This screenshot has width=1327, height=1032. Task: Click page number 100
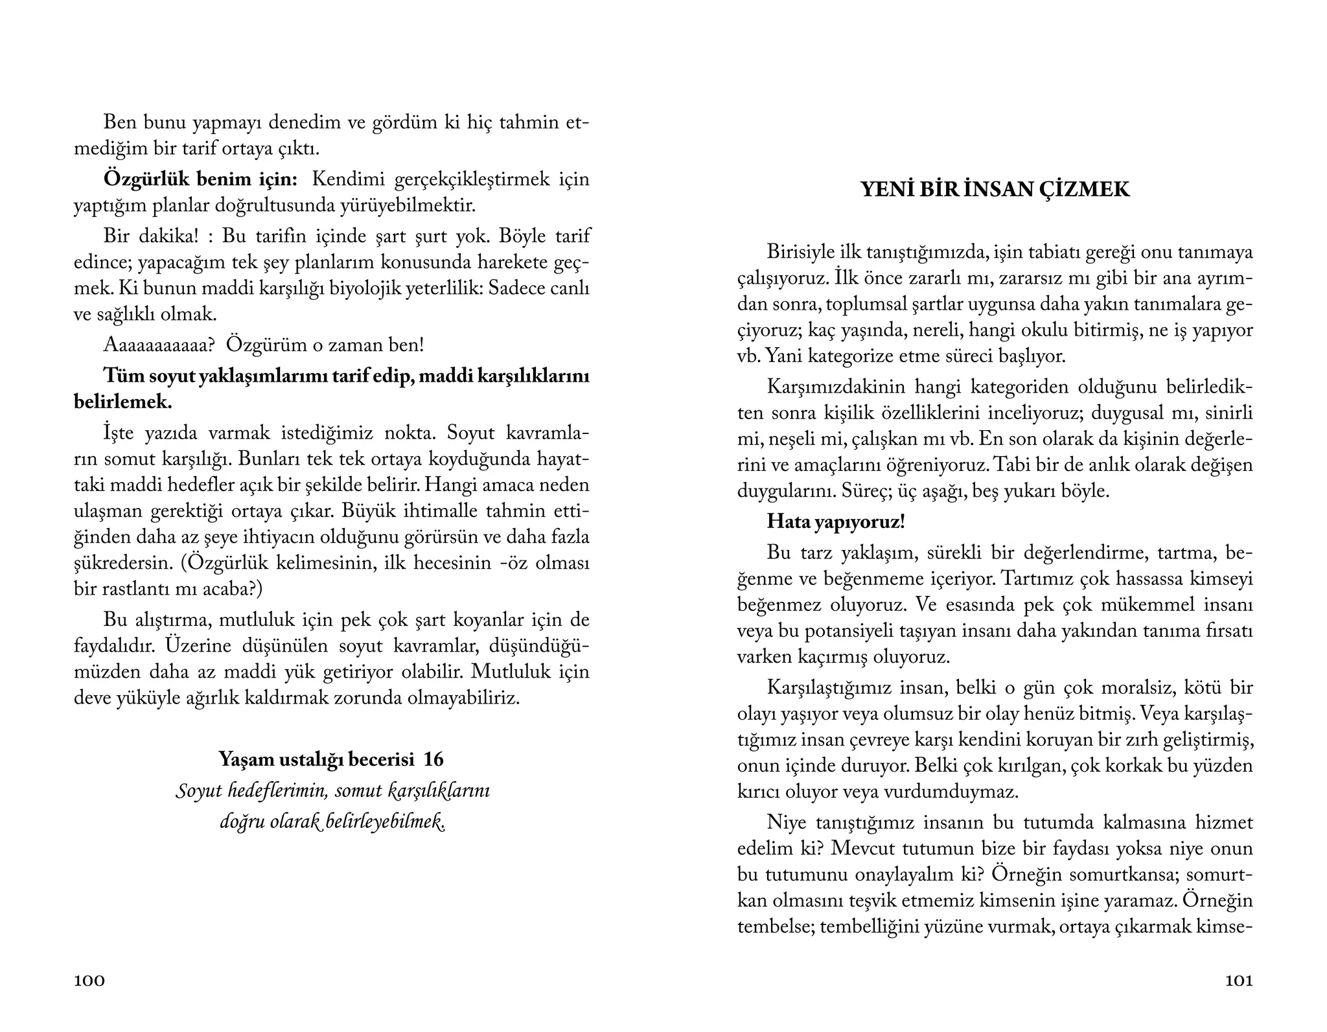89,981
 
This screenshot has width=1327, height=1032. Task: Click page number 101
1238,981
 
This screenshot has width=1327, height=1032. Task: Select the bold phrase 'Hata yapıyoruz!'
835,522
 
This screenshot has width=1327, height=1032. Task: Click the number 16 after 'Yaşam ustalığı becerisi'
433,759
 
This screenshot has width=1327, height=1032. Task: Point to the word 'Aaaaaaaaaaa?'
159,345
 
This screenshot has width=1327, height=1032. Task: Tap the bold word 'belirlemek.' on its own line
123,402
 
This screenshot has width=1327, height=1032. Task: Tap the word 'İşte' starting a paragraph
119,433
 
